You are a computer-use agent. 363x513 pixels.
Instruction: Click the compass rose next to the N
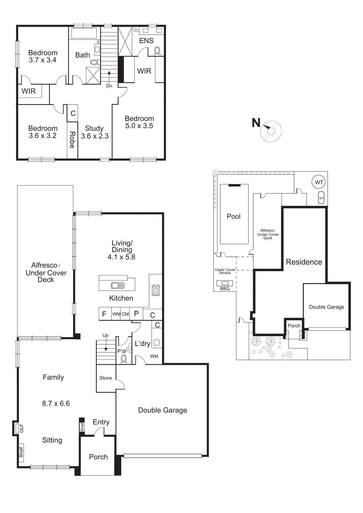click(271, 131)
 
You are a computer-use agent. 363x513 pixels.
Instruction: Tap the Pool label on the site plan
click(233, 216)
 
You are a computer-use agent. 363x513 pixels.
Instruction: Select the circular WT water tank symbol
click(319, 182)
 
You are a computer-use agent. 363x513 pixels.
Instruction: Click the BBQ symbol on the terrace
click(225, 283)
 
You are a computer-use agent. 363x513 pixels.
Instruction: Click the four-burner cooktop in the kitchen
click(156, 290)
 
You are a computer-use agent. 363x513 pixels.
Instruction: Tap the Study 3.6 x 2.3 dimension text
click(95, 136)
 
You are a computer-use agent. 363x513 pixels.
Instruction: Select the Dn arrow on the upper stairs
click(109, 77)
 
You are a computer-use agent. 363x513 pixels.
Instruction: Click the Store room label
click(106, 378)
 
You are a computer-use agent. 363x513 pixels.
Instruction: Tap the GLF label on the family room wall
click(21, 428)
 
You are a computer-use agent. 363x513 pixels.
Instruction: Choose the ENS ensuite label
click(146, 41)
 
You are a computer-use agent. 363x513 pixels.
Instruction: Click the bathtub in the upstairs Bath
click(84, 33)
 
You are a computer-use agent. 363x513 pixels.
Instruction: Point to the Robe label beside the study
click(72, 140)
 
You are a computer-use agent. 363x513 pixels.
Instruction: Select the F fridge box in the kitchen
click(104, 314)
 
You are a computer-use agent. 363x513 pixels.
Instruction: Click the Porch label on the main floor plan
click(98, 457)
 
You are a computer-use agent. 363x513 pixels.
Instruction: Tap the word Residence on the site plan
click(304, 262)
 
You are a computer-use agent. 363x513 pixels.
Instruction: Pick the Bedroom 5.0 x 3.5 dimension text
click(139, 126)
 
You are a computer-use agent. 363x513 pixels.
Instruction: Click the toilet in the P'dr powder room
click(124, 358)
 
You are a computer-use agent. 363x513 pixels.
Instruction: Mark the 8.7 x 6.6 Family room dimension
click(56, 403)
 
